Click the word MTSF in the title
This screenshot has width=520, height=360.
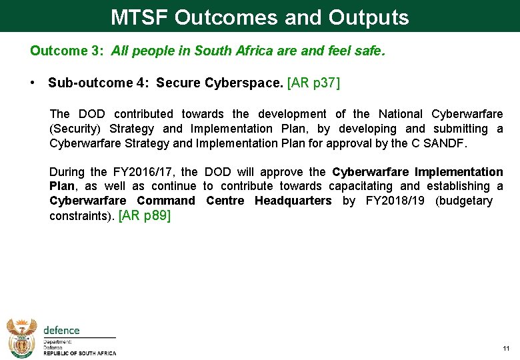click(139, 17)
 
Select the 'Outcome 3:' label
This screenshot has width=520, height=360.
click(67, 51)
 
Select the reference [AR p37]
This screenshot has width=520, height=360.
click(313, 83)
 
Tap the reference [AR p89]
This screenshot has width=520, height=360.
click(144, 215)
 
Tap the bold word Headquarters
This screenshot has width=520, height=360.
click(293, 201)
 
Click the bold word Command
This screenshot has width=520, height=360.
click(166, 201)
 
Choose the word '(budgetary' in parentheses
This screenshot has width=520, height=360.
click(464, 201)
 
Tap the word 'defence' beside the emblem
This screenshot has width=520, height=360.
click(61, 330)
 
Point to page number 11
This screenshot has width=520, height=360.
click(506, 349)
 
